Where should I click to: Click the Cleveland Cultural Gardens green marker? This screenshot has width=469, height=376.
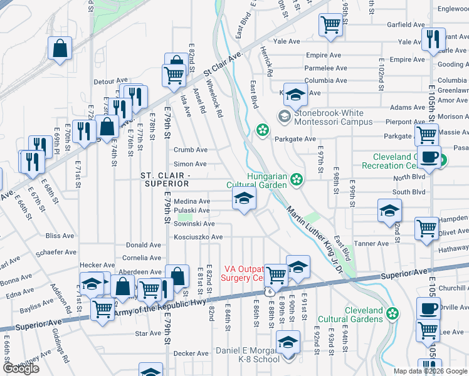[x=393, y=313]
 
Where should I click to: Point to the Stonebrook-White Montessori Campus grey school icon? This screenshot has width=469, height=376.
[x=284, y=116]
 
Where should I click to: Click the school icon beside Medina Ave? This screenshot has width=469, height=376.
[x=244, y=201]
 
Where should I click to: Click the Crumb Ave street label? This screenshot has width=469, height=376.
[x=191, y=150]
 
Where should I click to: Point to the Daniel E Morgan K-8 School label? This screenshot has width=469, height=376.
[x=248, y=355]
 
